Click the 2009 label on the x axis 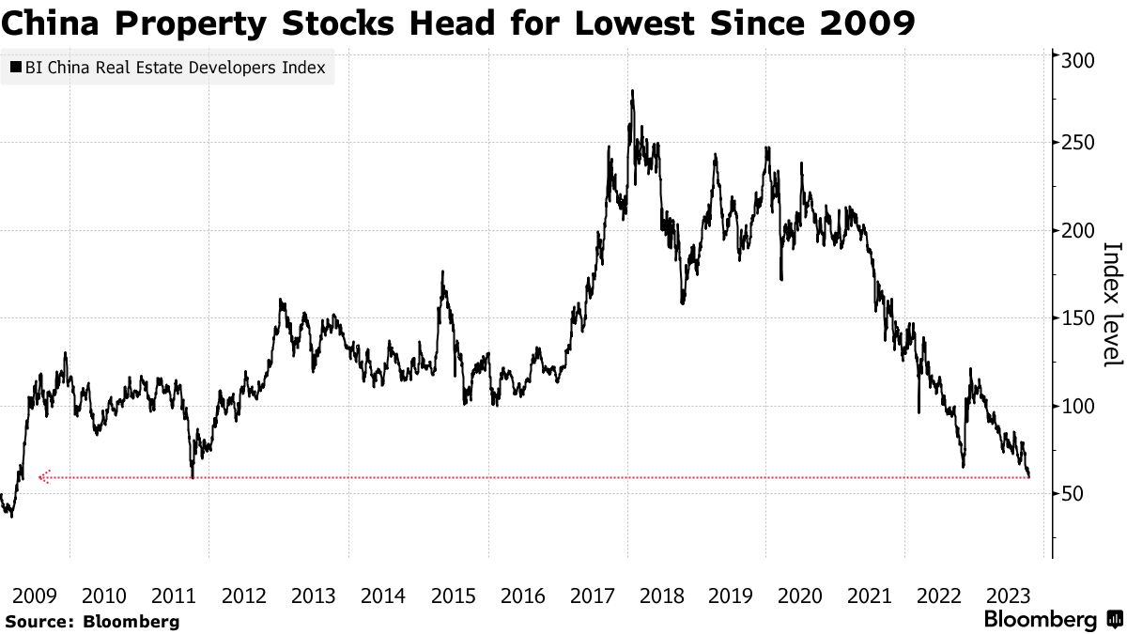click(x=35, y=595)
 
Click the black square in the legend click(x=17, y=68)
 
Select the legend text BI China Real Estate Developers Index click(x=175, y=68)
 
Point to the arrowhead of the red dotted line click(x=41, y=477)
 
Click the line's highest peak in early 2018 click(x=632, y=91)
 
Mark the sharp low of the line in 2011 click(x=193, y=477)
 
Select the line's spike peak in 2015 click(x=442, y=272)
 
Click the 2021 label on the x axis click(x=870, y=595)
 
